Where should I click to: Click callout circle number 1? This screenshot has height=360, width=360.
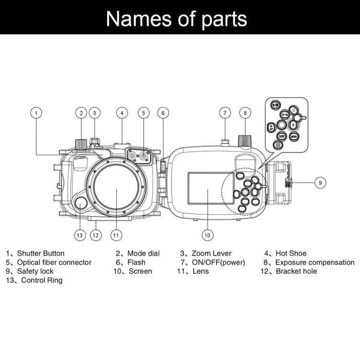[36, 113]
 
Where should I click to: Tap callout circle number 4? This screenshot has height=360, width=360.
[122, 113]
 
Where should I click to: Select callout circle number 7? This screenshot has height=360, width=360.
[225, 113]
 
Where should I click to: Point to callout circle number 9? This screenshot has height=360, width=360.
[321, 182]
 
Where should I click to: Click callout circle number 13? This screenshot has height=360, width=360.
[80, 235]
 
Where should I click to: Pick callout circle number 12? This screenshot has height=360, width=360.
[96, 235]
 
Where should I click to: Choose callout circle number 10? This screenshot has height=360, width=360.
[207, 235]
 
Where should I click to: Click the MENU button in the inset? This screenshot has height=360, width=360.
[294, 136]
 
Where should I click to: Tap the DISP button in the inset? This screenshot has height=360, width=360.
[282, 136]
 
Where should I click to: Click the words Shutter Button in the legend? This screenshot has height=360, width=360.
[41, 253]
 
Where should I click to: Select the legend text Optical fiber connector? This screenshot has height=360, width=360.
[54, 262]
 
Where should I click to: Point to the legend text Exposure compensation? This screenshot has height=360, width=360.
[315, 262]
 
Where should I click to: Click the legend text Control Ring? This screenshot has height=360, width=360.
[42, 280]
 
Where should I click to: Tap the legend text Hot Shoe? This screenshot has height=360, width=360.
[291, 253]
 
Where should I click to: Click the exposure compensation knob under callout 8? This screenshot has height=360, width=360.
[245, 140]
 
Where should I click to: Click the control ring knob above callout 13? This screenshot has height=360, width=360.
[81, 203]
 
